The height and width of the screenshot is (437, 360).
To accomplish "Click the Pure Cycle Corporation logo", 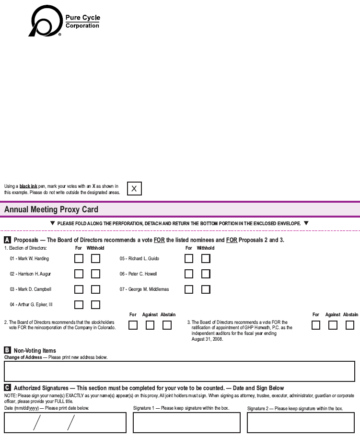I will (65, 22).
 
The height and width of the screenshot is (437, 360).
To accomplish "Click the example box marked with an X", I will (134, 189).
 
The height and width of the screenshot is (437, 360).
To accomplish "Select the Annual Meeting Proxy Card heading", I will (51, 209).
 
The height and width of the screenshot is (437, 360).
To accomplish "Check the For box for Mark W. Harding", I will (79, 259).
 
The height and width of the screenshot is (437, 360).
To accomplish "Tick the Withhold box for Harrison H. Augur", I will (96, 274).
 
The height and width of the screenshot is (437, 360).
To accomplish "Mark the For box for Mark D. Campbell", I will (79, 289).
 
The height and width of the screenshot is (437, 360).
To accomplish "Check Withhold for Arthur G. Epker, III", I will (96, 305).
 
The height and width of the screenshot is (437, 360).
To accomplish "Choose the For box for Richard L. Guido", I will (189, 259).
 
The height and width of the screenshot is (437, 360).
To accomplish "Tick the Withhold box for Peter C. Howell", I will (206, 274).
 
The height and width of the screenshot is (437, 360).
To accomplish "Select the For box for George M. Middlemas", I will (189, 289).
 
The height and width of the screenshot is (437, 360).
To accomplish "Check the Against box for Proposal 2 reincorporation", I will (150, 325).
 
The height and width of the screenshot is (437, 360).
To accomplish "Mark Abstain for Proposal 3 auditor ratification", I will (350, 325).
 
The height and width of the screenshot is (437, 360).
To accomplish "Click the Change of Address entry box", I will (179, 371).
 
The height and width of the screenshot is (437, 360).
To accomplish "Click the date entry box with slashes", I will (65, 422).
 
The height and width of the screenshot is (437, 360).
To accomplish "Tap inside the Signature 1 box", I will (186, 422).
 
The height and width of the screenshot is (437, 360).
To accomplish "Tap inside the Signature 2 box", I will (301, 422).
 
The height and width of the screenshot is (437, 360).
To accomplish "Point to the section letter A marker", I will (8, 240).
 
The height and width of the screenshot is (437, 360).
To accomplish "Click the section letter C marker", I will (8, 388).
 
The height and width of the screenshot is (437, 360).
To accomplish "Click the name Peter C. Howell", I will (142, 274).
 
